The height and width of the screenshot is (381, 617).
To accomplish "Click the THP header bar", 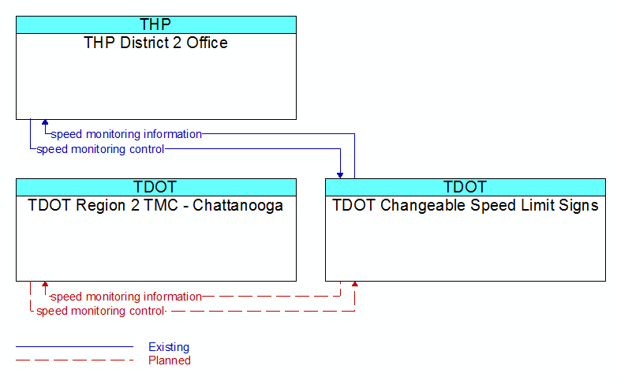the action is (x=155, y=24).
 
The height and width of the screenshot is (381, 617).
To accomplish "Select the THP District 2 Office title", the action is (x=155, y=43).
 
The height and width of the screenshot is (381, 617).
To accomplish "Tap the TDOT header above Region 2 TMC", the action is (x=155, y=187).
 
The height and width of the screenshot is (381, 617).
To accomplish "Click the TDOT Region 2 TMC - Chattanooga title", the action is (x=155, y=205).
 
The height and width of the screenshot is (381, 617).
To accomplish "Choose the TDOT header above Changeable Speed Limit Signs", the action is (x=465, y=187).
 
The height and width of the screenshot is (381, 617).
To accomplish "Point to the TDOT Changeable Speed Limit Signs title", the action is (x=465, y=205).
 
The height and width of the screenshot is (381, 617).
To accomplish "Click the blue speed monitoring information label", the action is (x=126, y=134).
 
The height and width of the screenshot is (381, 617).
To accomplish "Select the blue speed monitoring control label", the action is (x=100, y=149).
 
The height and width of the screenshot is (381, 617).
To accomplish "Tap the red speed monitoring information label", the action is (x=126, y=297).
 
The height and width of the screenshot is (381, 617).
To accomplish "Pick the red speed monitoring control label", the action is (x=100, y=311).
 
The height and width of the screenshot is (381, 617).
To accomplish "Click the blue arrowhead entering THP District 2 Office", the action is (x=45, y=122).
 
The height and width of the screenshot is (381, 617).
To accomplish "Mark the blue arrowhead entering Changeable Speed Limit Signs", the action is (x=340, y=176).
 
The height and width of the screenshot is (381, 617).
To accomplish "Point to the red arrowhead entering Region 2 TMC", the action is (x=45, y=284).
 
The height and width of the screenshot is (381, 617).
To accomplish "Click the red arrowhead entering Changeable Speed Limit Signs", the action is (x=355, y=284).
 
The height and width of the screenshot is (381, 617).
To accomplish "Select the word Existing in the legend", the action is (x=169, y=347).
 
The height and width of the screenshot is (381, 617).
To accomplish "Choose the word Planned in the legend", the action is (x=170, y=360).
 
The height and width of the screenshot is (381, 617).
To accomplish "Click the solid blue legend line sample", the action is (x=75, y=347).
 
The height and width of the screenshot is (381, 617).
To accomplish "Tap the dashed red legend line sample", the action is (x=75, y=360).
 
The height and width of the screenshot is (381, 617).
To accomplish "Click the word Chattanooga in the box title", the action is (x=237, y=205).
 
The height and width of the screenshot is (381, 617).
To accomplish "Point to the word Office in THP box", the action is (x=207, y=43).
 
